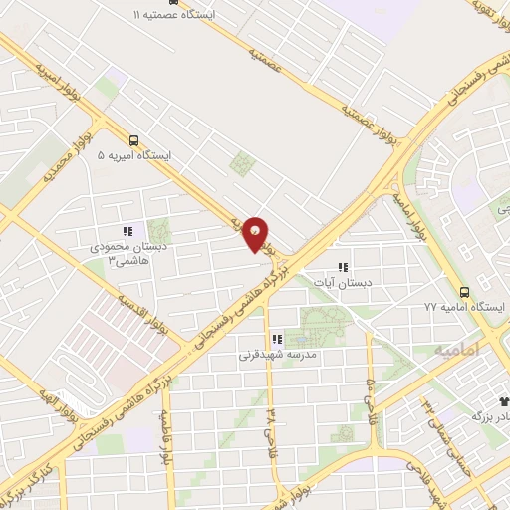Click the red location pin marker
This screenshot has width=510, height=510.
pos(256,233)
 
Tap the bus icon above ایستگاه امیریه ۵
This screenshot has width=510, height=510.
pos(133,140)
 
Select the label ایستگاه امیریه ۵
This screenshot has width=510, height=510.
pos(134,156)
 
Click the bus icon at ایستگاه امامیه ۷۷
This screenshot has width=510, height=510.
pos(464,292)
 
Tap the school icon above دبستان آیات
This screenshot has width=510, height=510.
pos(343,267)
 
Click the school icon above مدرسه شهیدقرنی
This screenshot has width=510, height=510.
pos(277,339)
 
